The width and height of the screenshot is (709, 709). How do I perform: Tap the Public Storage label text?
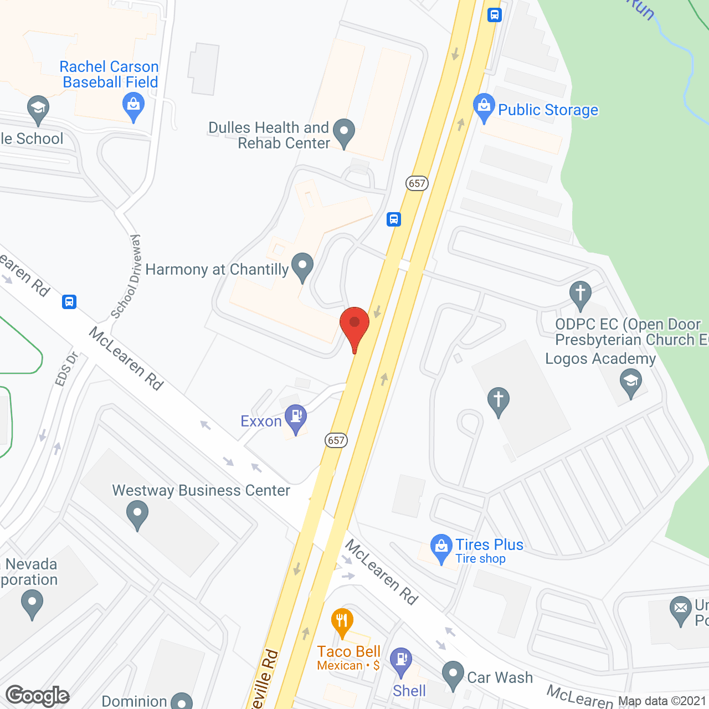pos(548,110)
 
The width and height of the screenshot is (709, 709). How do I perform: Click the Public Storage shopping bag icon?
pos(484,107)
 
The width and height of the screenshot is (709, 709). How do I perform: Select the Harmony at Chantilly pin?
pos(302,266)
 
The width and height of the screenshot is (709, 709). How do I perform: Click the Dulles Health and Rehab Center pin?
pos(344,133)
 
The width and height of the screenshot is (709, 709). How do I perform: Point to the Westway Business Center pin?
pos(137,515)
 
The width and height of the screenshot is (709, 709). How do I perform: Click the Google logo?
pos(38,696)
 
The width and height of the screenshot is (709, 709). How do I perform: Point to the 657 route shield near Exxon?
pos(336,440)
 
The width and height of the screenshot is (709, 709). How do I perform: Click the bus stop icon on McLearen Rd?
pos(69,302)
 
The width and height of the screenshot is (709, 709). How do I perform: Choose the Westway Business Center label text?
pos(201,491)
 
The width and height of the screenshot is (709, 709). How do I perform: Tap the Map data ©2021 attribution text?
pos(662,701)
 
